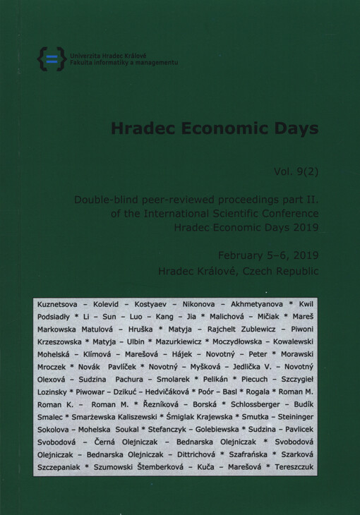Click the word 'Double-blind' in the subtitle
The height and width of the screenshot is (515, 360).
[107, 200]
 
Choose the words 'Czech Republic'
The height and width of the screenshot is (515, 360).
[284, 270]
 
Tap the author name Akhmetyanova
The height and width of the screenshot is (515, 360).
[258, 303]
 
